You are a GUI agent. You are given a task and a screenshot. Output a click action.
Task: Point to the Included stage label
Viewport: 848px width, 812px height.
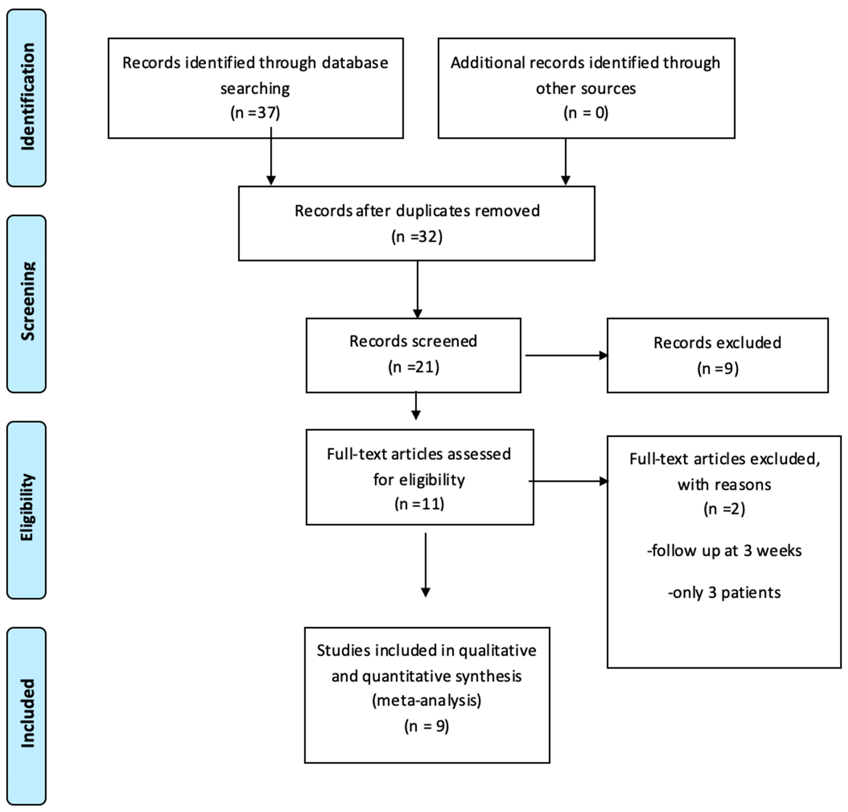click(x=27, y=713)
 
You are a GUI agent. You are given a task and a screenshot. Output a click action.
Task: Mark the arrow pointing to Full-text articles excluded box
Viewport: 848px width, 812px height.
click(x=568, y=481)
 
